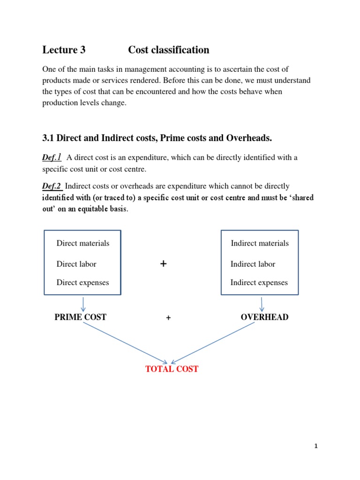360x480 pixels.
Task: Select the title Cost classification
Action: click(x=169, y=50)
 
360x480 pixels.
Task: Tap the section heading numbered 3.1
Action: click(x=157, y=138)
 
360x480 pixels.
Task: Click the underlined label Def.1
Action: click(x=52, y=157)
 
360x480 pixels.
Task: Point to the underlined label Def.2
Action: click(x=52, y=186)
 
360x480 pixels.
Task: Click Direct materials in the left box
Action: click(x=83, y=243)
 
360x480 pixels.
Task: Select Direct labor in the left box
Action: click(x=76, y=264)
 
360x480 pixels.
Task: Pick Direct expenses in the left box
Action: click(x=82, y=282)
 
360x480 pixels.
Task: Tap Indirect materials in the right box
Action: click(x=260, y=243)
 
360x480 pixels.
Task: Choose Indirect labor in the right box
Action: click(x=253, y=264)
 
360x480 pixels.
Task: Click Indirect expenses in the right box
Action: click(x=259, y=282)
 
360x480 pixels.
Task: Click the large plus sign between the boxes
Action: click(x=163, y=264)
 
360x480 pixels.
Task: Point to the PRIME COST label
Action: click(x=80, y=317)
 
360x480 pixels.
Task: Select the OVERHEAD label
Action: click(x=264, y=317)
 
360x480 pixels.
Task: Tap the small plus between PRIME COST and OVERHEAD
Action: click(x=168, y=318)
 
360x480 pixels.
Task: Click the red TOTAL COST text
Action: click(x=172, y=369)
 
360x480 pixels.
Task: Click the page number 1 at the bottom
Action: click(x=316, y=446)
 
